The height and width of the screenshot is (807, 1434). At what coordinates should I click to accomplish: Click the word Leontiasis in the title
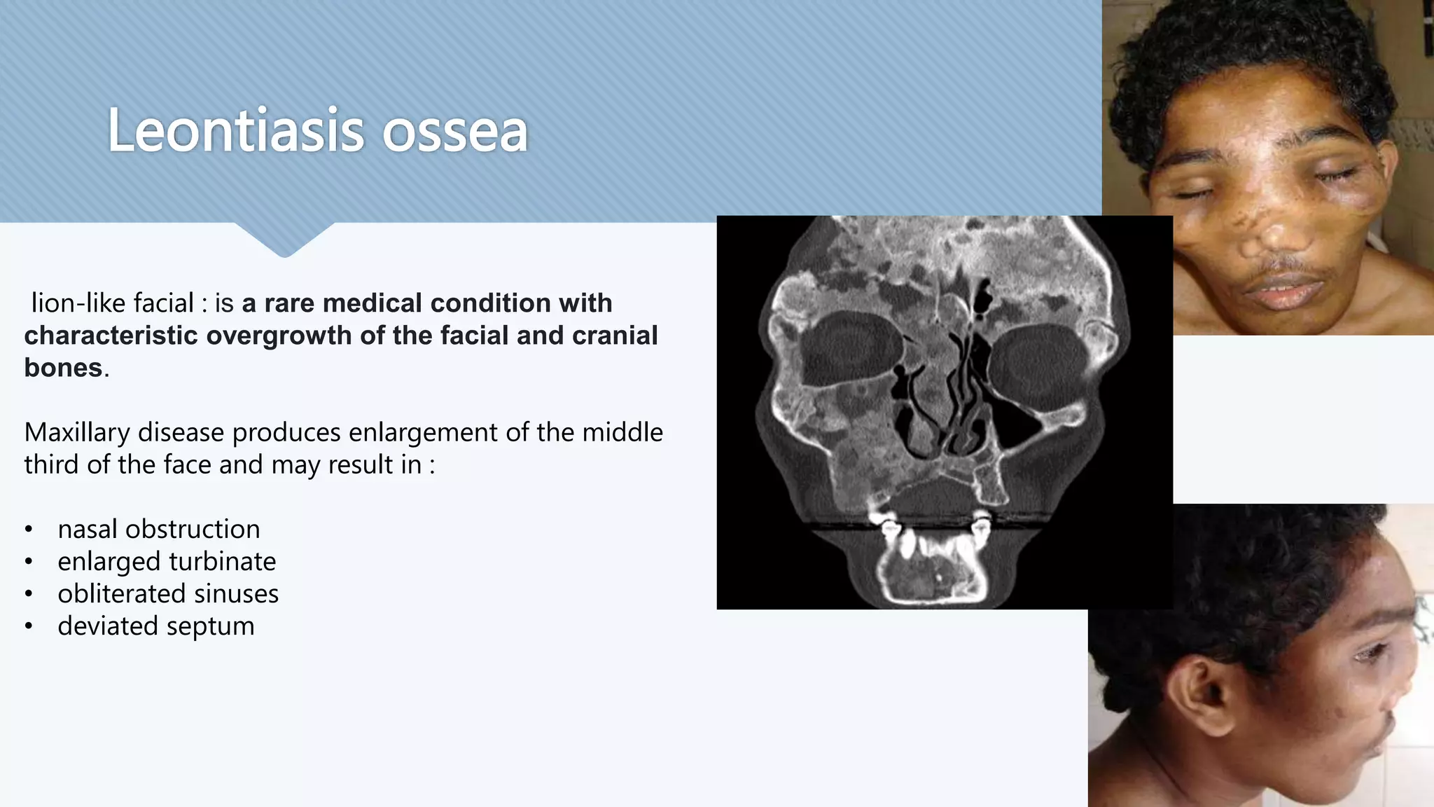[235, 131]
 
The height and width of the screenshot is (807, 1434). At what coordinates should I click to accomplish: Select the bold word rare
[289, 303]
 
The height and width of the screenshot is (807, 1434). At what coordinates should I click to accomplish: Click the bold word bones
[63, 368]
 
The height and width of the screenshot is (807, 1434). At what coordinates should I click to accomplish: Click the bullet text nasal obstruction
[158, 529]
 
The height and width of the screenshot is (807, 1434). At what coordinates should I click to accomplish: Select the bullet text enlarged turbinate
[167, 561]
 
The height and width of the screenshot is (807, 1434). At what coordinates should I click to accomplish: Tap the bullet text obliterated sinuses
[168, 593]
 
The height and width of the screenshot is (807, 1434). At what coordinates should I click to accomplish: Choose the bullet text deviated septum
[155, 626]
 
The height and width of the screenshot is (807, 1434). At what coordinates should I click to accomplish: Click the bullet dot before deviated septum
[28, 626]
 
